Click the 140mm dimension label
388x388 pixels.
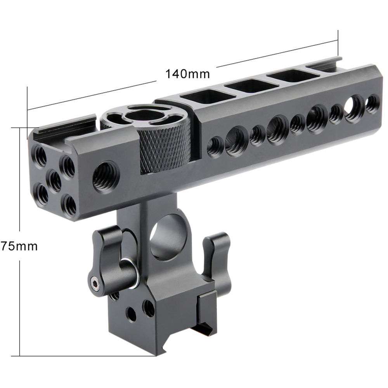point(187,74)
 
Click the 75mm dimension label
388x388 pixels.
point(19,246)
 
